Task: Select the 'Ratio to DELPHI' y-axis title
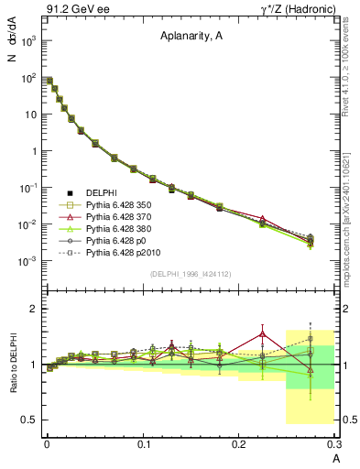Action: pyautogui.click(x=13, y=364)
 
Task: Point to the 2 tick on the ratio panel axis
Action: pyautogui.click(x=32, y=309)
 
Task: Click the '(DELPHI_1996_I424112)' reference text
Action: pyautogui.click(x=190, y=274)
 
